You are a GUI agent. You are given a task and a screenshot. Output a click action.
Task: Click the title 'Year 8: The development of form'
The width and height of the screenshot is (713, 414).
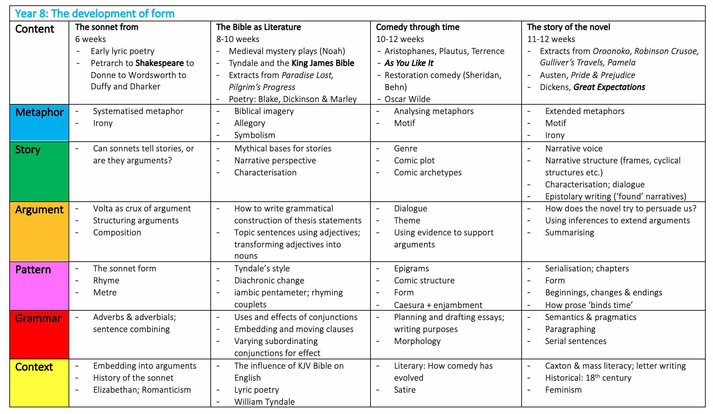[x=95, y=14]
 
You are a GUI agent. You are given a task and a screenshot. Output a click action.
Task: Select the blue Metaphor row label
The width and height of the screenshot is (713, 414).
[x=39, y=113]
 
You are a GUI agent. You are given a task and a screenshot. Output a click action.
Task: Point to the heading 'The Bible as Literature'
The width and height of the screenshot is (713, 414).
[x=258, y=27]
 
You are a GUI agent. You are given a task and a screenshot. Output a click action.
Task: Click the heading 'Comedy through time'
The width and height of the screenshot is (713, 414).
[x=417, y=27]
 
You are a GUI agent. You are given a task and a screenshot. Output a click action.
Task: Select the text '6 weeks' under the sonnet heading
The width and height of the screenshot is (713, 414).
[x=91, y=39]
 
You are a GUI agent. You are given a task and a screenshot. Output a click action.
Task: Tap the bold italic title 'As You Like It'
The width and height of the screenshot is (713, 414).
[x=409, y=63]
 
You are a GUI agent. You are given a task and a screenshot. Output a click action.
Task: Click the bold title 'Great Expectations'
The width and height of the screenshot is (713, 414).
[x=609, y=87]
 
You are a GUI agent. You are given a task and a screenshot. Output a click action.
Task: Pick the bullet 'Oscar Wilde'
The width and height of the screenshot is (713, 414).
[x=407, y=99]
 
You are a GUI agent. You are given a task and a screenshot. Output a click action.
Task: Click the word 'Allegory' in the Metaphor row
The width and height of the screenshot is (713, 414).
[x=250, y=123]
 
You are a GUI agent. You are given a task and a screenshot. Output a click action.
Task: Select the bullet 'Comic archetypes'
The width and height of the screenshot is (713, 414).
[x=428, y=172]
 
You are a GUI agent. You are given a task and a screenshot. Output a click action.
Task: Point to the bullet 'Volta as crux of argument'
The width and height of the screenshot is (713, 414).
[x=142, y=208]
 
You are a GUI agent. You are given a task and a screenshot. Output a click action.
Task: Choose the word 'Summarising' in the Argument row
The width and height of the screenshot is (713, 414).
[x=570, y=232]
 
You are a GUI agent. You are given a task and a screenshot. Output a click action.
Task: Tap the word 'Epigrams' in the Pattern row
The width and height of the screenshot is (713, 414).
[x=411, y=268]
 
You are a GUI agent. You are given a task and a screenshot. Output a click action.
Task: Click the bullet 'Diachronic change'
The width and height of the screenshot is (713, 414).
[x=269, y=280]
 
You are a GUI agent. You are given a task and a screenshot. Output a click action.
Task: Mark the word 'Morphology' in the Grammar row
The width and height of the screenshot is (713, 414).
[x=417, y=341]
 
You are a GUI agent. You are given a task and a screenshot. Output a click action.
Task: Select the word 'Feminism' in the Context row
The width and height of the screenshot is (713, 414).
[x=563, y=390]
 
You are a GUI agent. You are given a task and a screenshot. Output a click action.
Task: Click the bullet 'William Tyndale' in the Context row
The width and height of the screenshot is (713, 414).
[x=264, y=402]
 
